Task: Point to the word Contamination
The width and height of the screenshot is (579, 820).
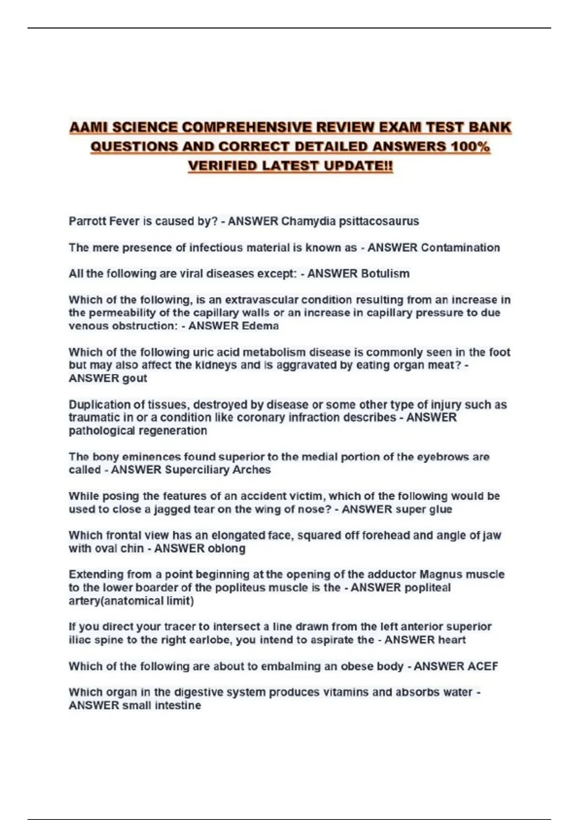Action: coord(460,247)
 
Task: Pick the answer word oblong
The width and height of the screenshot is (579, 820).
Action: coord(226,548)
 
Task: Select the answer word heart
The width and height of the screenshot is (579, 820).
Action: coord(451,640)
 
